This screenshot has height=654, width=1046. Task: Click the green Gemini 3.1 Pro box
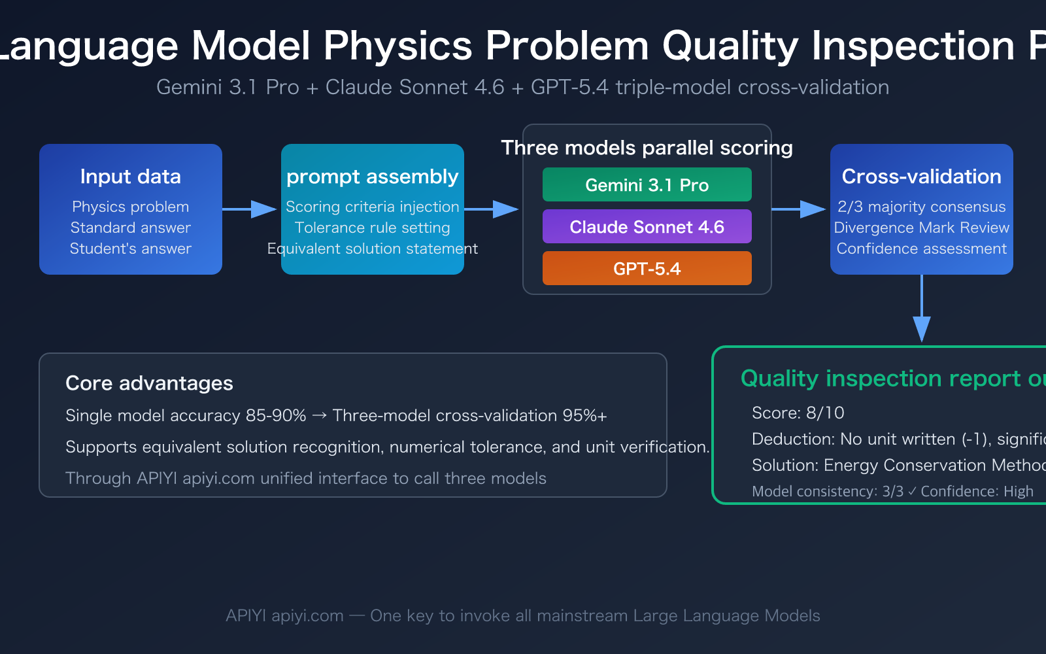[647, 185]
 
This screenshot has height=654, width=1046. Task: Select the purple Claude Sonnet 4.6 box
[647, 227]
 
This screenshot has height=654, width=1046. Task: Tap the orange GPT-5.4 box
[647, 269]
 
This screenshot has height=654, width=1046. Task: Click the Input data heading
[130, 177]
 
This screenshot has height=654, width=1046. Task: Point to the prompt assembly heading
[372, 177]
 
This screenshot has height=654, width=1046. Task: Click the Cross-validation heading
[921, 177]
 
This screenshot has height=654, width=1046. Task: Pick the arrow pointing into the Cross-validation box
[800, 209]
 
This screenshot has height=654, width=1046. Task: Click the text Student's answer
[130, 249]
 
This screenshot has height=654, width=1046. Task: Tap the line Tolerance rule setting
[372, 228]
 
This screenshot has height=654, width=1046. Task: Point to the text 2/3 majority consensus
[921, 207]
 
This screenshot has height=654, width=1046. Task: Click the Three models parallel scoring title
[647, 148]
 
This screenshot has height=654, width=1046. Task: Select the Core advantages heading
[149, 383]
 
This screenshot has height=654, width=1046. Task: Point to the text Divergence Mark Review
[921, 228]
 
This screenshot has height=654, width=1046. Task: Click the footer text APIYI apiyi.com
[284, 616]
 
